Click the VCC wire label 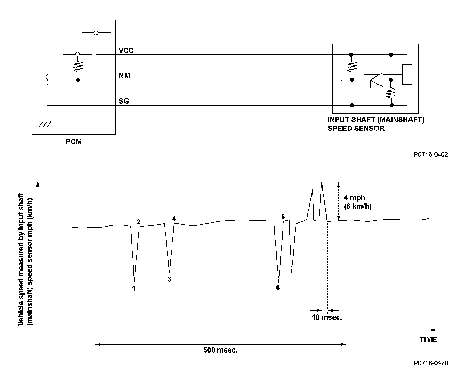(x=126, y=51)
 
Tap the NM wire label (x=124, y=76)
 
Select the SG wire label (x=124, y=101)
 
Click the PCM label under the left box (x=74, y=141)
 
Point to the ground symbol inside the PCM (x=47, y=123)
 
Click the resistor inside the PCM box (x=78, y=67)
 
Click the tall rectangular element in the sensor (x=407, y=74)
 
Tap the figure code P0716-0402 (x=431, y=155)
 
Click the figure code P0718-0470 (x=431, y=363)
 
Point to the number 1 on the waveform (x=134, y=288)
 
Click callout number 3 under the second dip (x=169, y=279)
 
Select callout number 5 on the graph (x=278, y=287)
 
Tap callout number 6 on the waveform (x=283, y=217)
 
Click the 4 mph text (x=354, y=198)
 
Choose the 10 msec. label (x=327, y=317)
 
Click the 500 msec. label (x=220, y=350)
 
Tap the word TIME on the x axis (x=428, y=339)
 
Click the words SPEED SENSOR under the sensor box (x=356, y=128)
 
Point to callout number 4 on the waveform (x=174, y=219)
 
